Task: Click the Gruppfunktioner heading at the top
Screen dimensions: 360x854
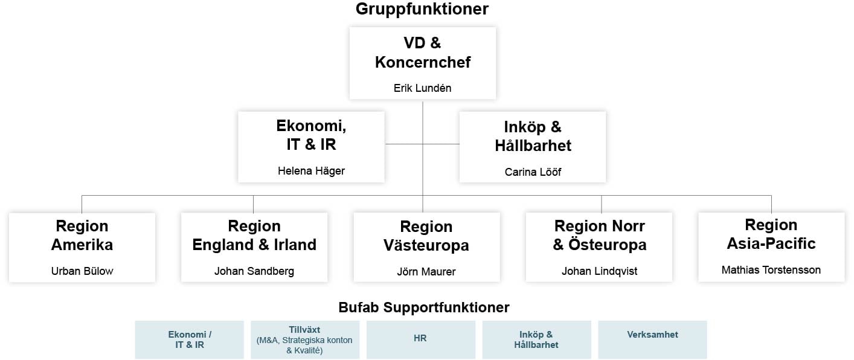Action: pyautogui.click(x=422, y=9)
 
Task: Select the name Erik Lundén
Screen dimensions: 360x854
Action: pyautogui.click(x=422, y=88)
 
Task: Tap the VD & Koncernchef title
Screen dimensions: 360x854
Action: pyautogui.click(x=422, y=53)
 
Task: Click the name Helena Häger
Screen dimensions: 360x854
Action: pyautogui.click(x=311, y=171)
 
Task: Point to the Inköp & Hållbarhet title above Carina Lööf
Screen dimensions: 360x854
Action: pyautogui.click(x=533, y=136)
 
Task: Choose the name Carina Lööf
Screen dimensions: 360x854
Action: pyautogui.click(x=533, y=172)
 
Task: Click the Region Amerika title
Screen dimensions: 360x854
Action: pyautogui.click(x=82, y=235)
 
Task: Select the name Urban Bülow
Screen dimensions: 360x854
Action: pyautogui.click(x=82, y=271)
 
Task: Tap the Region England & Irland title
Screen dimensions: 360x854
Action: pyautogui.click(x=254, y=235)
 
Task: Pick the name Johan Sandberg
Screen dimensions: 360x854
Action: pyautogui.click(x=254, y=271)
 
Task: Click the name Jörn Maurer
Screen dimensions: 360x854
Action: pyautogui.click(x=426, y=271)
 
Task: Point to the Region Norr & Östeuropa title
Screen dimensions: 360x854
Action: pyautogui.click(x=599, y=235)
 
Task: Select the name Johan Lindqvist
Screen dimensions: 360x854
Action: pyautogui.click(x=599, y=271)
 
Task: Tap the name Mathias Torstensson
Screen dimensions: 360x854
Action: pyautogui.click(x=771, y=270)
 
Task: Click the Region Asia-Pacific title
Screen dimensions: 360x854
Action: pyautogui.click(x=771, y=234)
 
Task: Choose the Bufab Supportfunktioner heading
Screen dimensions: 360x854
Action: pyautogui.click(x=424, y=307)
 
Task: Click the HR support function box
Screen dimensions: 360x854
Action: pyautogui.click(x=420, y=339)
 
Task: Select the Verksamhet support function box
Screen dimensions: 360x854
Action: pyautogui.click(x=652, y=339)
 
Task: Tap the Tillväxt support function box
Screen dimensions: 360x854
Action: pyautogui.click(x=305, y=339)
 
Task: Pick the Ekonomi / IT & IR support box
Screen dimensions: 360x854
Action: pyautogui.click(x=190, y=339)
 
